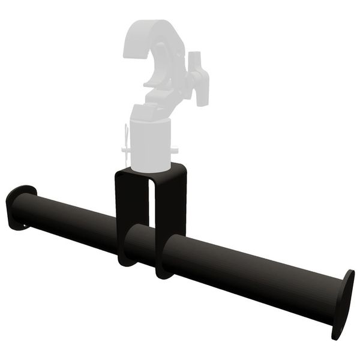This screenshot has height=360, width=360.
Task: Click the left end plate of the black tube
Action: click(18, 206)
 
